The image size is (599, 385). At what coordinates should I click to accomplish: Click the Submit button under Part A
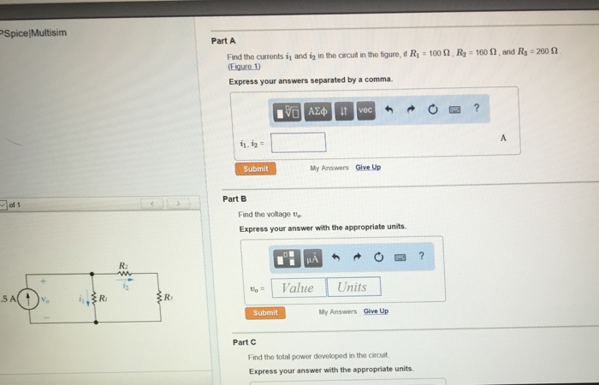pos(255,169)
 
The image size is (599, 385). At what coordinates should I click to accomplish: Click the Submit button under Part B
pos(265,313)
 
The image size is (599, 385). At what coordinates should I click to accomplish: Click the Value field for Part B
pos(298,287)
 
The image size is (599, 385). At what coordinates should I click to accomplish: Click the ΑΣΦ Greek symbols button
pos(318,111)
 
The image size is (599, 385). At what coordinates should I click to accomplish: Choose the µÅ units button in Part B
pos(312,257)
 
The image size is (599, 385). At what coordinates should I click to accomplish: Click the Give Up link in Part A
pos(368,168)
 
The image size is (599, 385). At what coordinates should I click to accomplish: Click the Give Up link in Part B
pos(376,311)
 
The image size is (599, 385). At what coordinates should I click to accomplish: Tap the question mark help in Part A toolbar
pos(476,110)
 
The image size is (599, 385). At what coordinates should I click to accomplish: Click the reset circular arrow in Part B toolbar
pos(377,257)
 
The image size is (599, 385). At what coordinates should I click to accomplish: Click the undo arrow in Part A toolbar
pos(388,110)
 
